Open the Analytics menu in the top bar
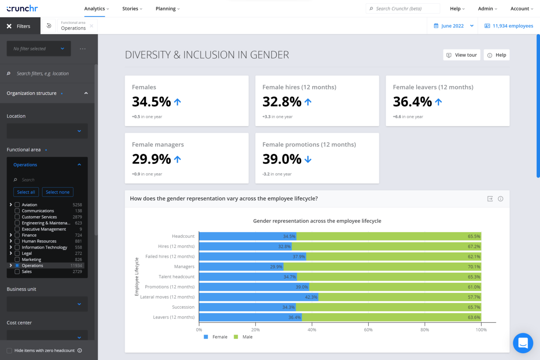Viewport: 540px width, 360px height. coord(96,9)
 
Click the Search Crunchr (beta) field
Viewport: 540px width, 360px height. coord(403,9)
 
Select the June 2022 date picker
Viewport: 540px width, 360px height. coord(453,26)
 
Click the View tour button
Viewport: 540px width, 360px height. coord(462,55)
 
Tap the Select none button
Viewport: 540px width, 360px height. coord(58,192)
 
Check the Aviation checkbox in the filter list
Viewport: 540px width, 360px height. coord(17,205)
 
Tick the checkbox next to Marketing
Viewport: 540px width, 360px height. coord(17,259)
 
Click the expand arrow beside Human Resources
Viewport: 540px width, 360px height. coord(11,241)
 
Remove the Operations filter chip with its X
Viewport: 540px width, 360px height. coord(91,26)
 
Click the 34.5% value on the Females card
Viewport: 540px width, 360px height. coord(151,102)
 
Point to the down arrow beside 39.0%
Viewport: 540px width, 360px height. coord(308,159)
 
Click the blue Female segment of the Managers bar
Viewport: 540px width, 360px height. coord(241,267)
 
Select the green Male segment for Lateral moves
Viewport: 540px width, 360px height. coord(400,297)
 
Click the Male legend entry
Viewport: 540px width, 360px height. coord(243,337)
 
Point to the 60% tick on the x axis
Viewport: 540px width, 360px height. coord(368,330)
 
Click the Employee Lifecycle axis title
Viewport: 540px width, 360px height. coord(136,277)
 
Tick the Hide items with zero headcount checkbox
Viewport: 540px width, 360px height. coord(9,351)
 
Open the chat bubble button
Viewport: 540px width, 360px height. coord(523,343)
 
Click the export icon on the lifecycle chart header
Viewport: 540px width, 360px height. coord(490,199)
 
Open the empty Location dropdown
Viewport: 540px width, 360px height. coord(47,131)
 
